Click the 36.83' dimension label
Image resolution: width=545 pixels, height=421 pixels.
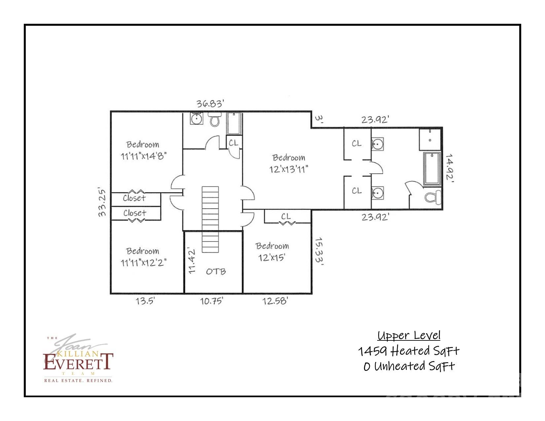(x=210, y=103)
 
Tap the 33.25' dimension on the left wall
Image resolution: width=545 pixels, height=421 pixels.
(x=102, y=202)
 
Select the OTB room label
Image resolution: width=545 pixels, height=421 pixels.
(x=216, y=271)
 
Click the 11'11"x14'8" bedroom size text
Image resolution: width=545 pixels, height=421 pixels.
(x=143, y=155)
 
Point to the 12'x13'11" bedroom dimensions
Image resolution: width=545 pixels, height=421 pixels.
(x=288, y=169)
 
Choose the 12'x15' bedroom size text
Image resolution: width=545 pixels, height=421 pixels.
(x=272, y=257)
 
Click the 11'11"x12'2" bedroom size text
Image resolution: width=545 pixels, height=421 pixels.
(x=143, y=263)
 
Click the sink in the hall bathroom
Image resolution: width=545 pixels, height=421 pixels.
(x=197, y=119)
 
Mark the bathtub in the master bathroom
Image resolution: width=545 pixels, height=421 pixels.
(x=432, y=168)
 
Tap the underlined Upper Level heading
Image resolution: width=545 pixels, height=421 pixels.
(x=409, y=335)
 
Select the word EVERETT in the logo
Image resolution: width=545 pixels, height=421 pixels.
(x=78, y=362)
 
